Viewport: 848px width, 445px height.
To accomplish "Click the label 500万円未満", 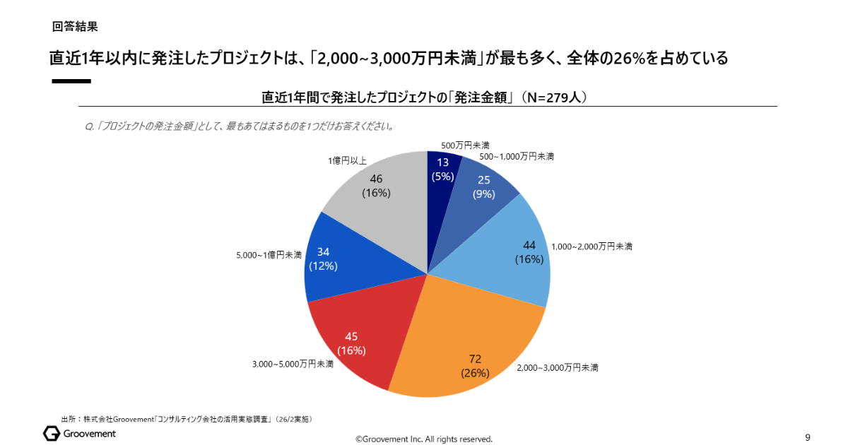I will point(465,145).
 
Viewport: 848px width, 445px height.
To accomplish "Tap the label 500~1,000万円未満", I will point(517,156).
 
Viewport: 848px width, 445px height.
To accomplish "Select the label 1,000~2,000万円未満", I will point(591,247).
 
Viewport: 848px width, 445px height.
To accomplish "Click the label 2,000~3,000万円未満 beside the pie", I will point(558,368).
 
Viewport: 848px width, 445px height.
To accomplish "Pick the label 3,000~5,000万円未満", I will point(293,364).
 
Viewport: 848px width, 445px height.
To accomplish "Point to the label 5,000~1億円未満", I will point(269,255).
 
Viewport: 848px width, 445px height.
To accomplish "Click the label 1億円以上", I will point(347,160).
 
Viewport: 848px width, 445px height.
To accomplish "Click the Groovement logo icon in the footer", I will point(52,433).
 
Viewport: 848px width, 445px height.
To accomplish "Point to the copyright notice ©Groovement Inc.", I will point(423,439).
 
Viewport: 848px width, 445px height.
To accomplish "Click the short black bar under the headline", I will point(71,81).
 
